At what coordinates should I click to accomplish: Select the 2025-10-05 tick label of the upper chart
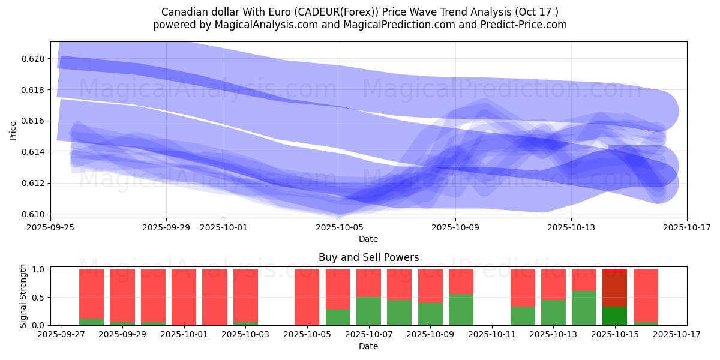pos(340,227)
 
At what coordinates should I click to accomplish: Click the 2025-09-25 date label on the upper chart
pos(50,227)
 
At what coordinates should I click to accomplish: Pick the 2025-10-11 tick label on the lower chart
pos(492,334)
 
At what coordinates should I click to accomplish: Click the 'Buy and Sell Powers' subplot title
pos(368,257)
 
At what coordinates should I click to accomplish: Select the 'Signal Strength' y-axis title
pos(23,296)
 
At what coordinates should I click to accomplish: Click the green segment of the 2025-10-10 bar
pos(461,310)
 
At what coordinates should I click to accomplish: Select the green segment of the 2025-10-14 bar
pos(584,308)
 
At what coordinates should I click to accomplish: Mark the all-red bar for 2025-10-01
pos(184,297)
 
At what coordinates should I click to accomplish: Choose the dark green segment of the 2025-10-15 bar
pos(614,316)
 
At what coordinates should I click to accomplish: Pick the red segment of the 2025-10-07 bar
pos(368,283)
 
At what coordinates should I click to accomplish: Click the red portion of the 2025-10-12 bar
pos(523,287)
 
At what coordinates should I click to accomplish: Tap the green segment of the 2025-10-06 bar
pos(338,317)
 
